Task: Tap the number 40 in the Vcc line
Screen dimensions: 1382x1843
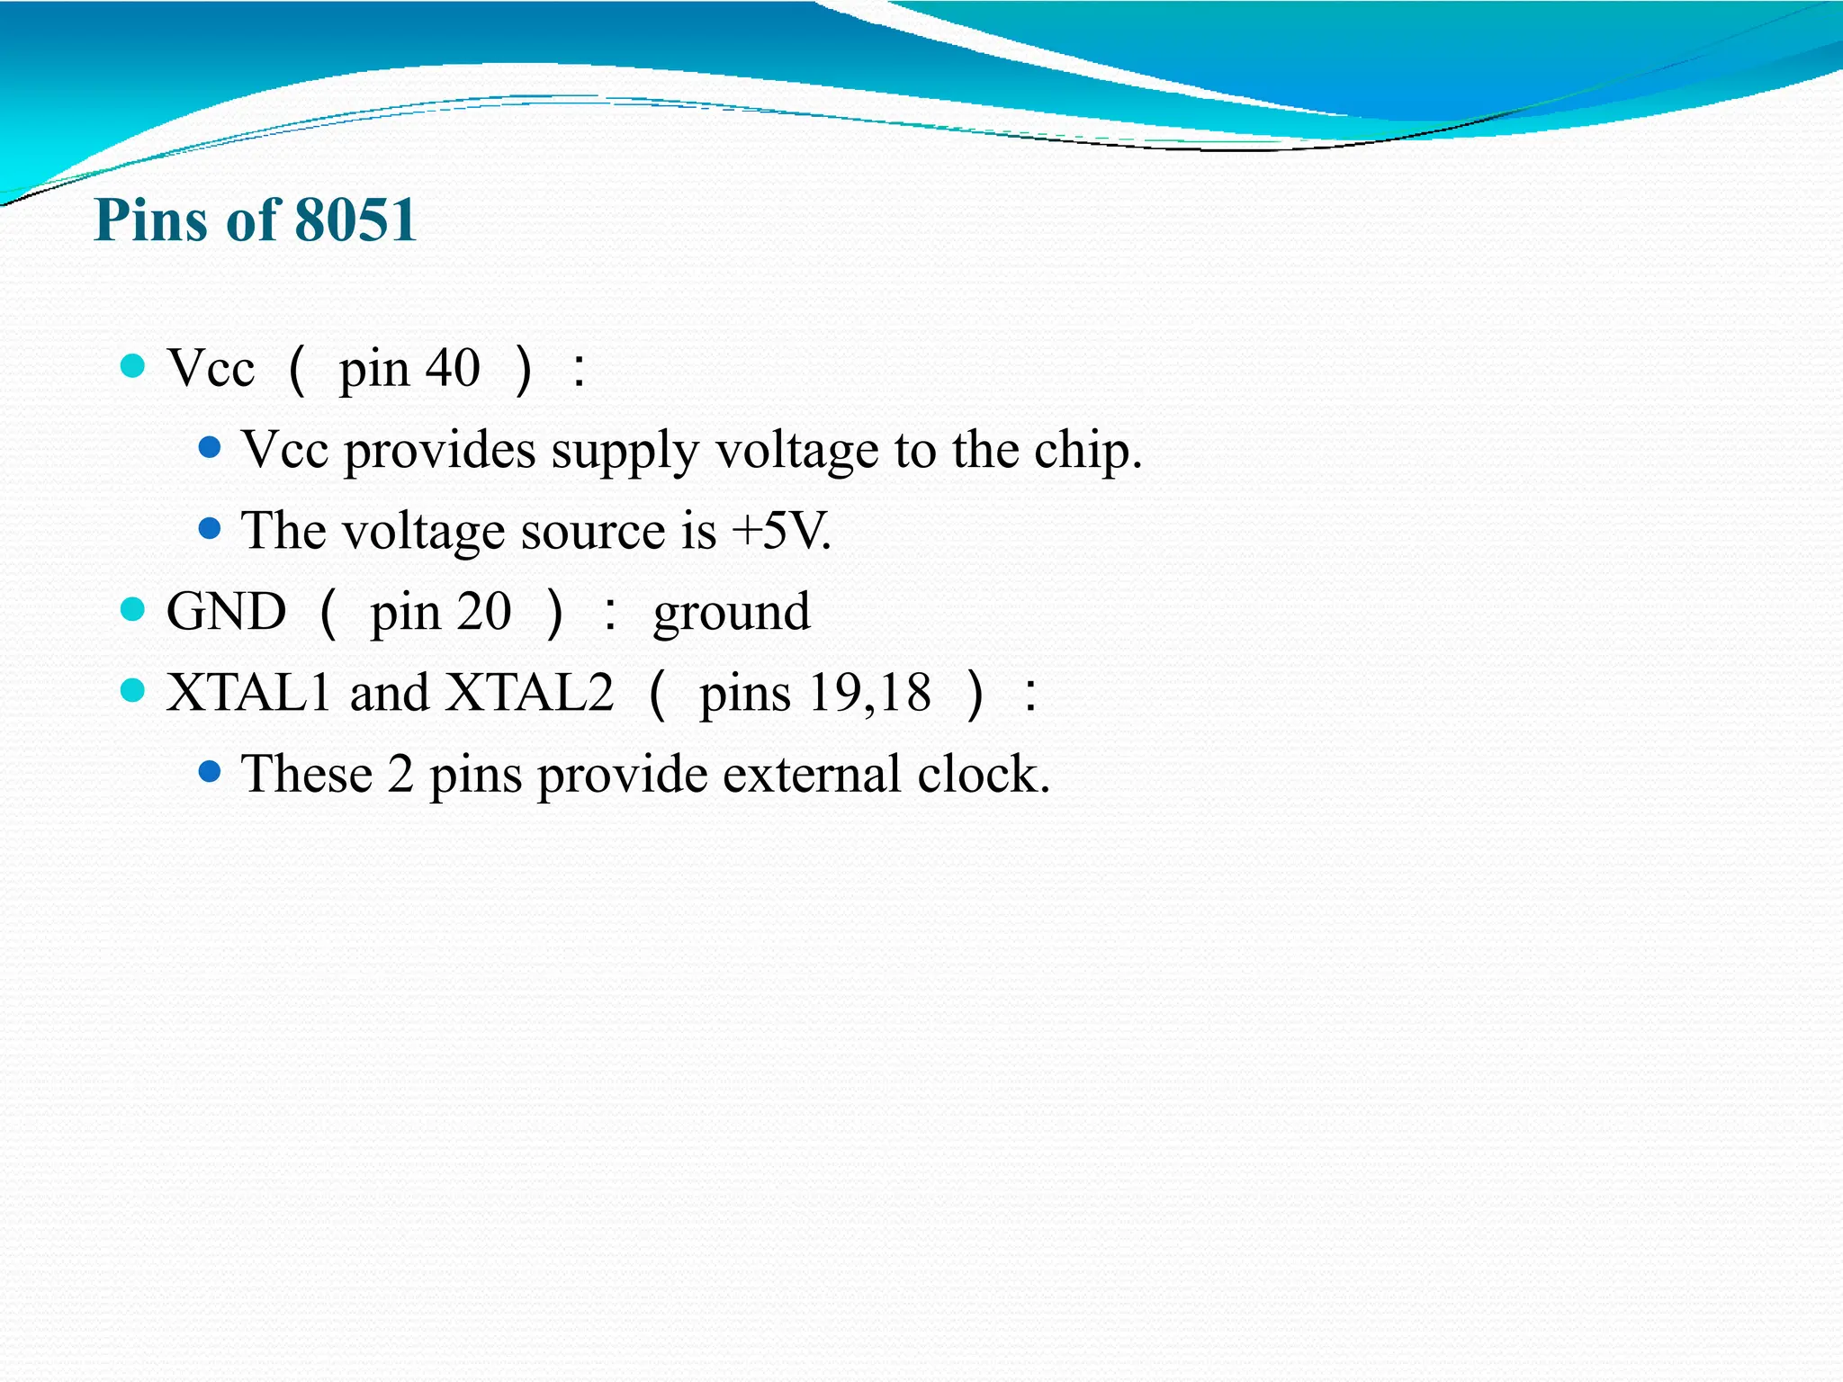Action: coord(453,369)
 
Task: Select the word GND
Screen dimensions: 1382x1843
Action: coord(226,612)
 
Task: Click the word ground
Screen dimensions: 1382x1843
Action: coord(732,614)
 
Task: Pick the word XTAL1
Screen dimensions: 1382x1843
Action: coord(248,693)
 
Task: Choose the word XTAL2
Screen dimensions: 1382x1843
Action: coord(531,693)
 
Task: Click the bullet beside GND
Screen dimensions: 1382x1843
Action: coord(132,610)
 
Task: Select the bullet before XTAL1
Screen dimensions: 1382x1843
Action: coord(132,691)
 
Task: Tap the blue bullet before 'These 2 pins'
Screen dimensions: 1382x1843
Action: coord(209,772)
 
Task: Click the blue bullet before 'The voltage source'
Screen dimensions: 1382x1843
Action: coord(209,529)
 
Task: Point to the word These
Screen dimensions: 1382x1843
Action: coord(306,774)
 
